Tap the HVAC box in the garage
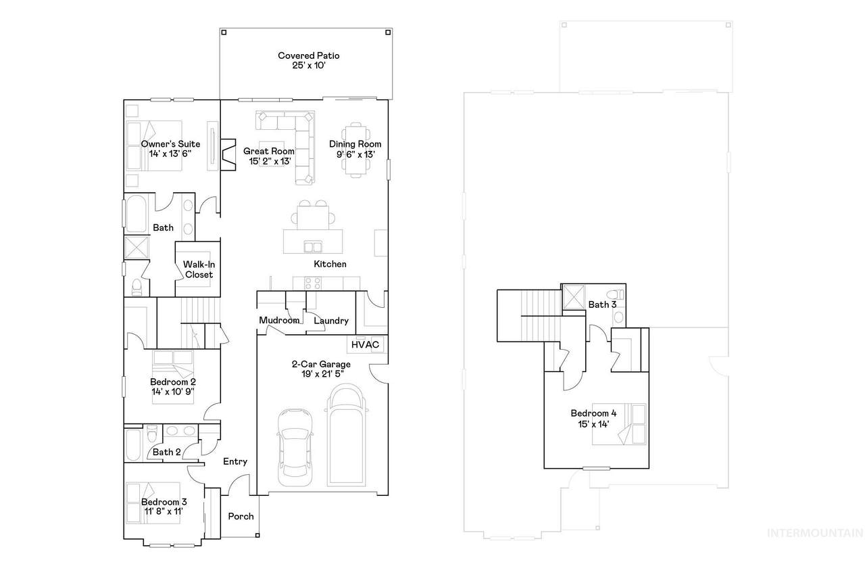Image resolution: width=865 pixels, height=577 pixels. pyautogui.click(x=366, y=344)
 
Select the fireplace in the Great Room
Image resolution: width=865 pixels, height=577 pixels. pyautogui.click(x=228, y=155)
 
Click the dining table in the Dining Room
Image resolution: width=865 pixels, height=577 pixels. pyautogui.click(x=355, y=150)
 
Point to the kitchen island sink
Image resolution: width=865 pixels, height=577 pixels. pyautogui.click(x=313, y=247)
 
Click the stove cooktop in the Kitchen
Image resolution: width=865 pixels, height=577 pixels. pyautogui.click(x=313, y=283)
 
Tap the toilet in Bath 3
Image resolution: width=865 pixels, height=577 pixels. pyautogui.click(x=615, y=294)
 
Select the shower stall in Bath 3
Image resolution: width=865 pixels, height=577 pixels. pyautogui.click(x=574, y=297)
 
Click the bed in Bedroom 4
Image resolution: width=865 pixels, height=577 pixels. pyautogui.click(x=619, y=424)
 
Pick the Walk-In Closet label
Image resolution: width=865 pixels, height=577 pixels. pyautogui.click(x=199, y=269)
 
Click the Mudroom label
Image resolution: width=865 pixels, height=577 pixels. pyautogui.click(x=279, y=321)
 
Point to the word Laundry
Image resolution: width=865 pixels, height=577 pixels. pyautogui.click(x=331, y=321)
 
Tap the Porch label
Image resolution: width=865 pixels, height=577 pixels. pyautogui.click(x=241, y=516)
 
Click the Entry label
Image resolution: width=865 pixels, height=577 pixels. pyautogui.click(x=234, y=461)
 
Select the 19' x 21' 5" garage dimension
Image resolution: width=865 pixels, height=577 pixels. pyautogui.click(x=322, y=374)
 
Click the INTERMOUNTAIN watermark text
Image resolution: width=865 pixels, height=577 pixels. pyautogui.click(x=815, y=533)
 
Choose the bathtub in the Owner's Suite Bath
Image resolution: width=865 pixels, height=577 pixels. pyautogui.click(x=136, y=213)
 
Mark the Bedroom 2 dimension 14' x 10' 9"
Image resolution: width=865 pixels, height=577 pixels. pyautogui.click(x=172, y=392)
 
